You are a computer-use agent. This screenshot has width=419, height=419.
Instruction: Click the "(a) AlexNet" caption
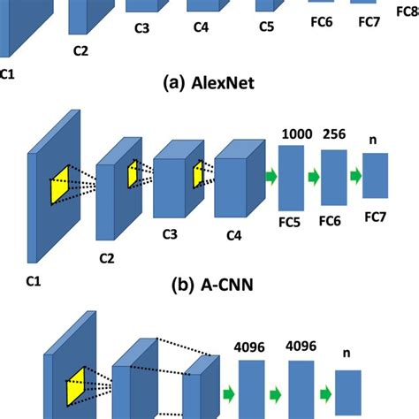point(209,85)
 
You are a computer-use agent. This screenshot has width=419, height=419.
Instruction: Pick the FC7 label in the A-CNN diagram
point(375,216)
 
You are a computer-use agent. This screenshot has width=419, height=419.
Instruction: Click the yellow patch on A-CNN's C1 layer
point(59,183)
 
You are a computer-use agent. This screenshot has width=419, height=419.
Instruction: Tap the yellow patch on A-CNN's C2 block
point(133,173)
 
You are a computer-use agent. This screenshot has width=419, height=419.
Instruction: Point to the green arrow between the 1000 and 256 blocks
point(312,177)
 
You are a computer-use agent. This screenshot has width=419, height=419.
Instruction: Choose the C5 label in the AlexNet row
point(266,27)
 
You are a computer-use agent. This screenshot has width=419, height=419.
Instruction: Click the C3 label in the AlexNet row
point(141,27)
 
